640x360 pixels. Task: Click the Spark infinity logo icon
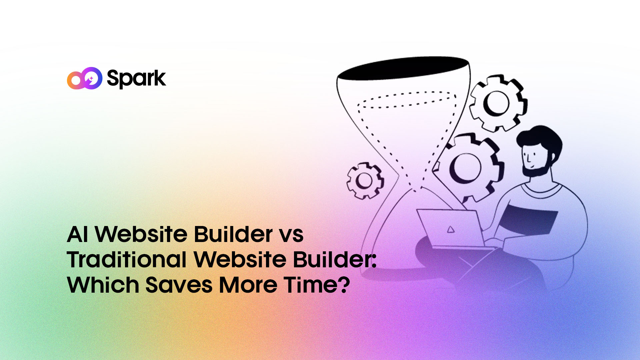[x=84, y=78]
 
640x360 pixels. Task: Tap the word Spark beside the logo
[x=136, y=79]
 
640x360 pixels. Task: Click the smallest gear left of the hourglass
[x=365, y=181]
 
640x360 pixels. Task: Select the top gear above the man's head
[x=498, y=103]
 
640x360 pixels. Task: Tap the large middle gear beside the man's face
[x=467, y=167]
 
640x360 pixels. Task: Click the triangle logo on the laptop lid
[x=450, y=229]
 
